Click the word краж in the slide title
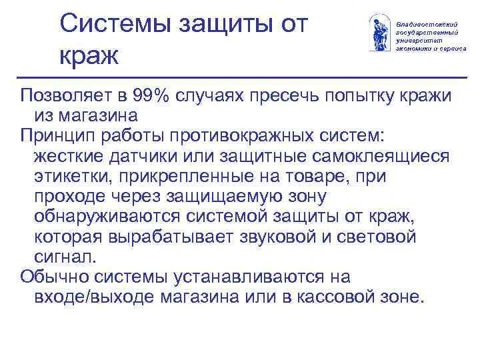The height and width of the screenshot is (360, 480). pos(89,55)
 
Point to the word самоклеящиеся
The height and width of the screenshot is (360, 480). pos(381,157)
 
